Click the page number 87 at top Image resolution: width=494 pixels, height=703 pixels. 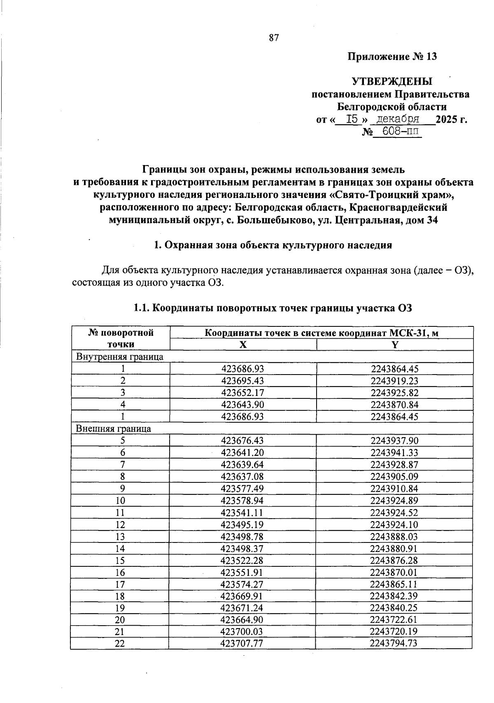coord(274,38)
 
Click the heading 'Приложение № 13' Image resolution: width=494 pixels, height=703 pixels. coord(392,56)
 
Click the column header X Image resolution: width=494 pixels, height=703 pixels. coord(243,345)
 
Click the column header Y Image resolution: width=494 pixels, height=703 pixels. coord(395,345)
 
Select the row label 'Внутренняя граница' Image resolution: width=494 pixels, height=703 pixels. coord(120,357)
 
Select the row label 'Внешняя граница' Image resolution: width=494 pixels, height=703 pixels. coord(114,428)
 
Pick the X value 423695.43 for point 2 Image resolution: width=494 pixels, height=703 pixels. coord(242,381)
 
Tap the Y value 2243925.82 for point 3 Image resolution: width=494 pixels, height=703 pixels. coord(394,393)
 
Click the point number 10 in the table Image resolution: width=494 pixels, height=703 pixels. coord(120,500)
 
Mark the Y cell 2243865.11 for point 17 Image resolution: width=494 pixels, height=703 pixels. coord(394,584)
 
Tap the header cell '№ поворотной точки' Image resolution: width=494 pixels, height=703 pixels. coord(120,338)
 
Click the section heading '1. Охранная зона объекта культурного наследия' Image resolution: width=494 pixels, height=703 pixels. coord(273,245)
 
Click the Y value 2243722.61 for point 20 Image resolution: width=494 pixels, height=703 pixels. coord(394,620)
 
